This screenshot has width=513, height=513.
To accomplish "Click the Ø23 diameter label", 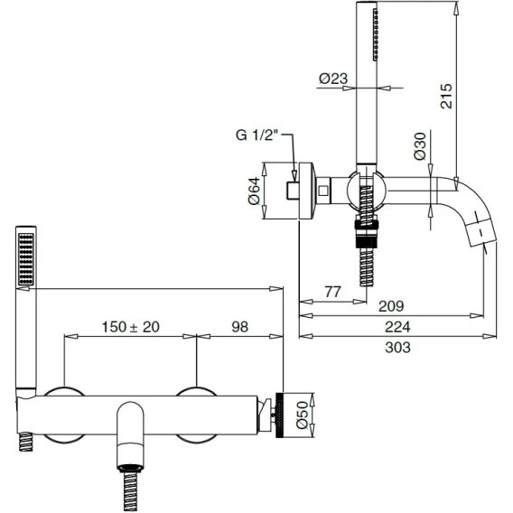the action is [x=333, y=79].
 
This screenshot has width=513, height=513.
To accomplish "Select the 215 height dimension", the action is [x=446, y=96].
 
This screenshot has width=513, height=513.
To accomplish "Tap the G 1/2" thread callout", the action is [x=256, y=135].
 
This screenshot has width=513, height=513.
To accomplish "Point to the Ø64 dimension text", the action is [x=254, y=191].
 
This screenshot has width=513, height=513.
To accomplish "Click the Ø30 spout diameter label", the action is [x=420, y=146].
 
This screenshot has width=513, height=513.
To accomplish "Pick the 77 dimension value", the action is [x=332, y=291].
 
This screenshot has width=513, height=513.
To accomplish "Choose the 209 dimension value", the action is [x=391, y=306].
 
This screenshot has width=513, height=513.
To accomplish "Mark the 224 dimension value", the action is [x=397, y=327].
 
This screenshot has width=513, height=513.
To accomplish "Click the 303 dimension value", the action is [x=397, y=348].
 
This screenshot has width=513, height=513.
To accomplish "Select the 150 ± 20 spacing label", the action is [x=131, y=327].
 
